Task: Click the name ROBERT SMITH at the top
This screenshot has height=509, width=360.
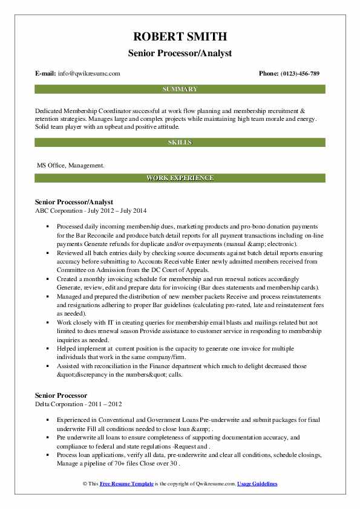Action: pyautogui.click(x=180, y=37)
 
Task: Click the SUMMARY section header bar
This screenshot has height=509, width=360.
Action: pyautogui.click(x=180, y=89)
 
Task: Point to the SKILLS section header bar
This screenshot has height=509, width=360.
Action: pyautogui.click(x=180, y=142)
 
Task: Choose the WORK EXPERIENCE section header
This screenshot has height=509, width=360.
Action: pyautogui.click(x=180, y=178)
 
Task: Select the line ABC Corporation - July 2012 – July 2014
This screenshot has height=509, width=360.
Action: pyautogui.click(x=91, y=210)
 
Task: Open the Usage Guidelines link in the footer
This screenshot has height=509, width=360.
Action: pyautogui.click(x=257, y=484)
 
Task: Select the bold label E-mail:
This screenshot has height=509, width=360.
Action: pyautogui.click(x=46, y=74)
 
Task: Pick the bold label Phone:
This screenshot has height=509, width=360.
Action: pyautogui.click(x=269, y=74)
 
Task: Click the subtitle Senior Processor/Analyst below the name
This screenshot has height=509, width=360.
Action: pyautogui.click(x=180, y=53)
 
